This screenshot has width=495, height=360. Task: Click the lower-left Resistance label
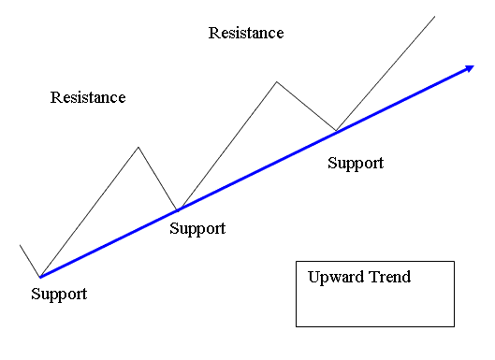88,97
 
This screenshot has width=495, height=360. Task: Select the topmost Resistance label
246,34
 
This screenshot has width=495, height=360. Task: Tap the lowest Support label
59,294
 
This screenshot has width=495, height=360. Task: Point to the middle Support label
197,228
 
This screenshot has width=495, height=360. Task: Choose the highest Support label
356,163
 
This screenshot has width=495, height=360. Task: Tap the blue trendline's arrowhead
466,68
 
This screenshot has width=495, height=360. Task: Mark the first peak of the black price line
138,147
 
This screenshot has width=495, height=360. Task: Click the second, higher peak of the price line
276,81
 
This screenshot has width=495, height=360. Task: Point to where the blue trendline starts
39,277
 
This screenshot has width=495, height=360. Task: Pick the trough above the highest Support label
336,129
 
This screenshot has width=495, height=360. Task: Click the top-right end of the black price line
435,16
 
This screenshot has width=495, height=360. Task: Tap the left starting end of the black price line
20,245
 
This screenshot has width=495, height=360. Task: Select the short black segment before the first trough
29,261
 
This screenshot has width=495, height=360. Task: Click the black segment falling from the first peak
158,179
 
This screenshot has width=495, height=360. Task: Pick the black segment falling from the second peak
306,106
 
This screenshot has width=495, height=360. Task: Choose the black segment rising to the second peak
227,145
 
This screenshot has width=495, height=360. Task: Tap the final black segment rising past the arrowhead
386,72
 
